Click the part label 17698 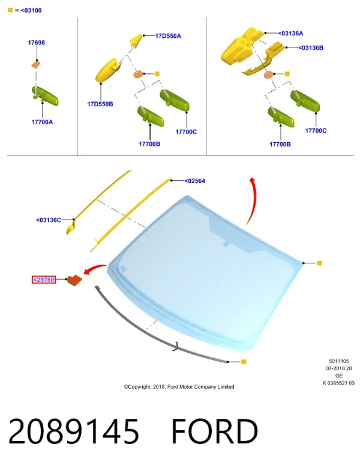(x=37, y=43)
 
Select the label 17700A (x=42, y=122)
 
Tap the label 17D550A (x=168, y=36)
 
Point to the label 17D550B (x=100, y=104)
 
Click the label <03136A (x=290, y=34)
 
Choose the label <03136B (x=311, y=48)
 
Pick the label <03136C (x=49, y=220)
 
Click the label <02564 (x=195, y=181)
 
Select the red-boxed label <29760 (x=44, y=280)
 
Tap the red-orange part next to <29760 (x=74, y=280)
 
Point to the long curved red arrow (x=255, y=200)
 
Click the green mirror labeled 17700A (x=45, y=95)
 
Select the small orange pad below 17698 (x=36, y=64)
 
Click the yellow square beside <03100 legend (x=10, y=10)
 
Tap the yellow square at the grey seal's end (x=244, y=362)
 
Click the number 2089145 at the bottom (x=74, y=431)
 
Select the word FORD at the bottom (x=215, y=431)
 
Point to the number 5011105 (x=338, y=361)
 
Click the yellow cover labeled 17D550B (x=108, y=70)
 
